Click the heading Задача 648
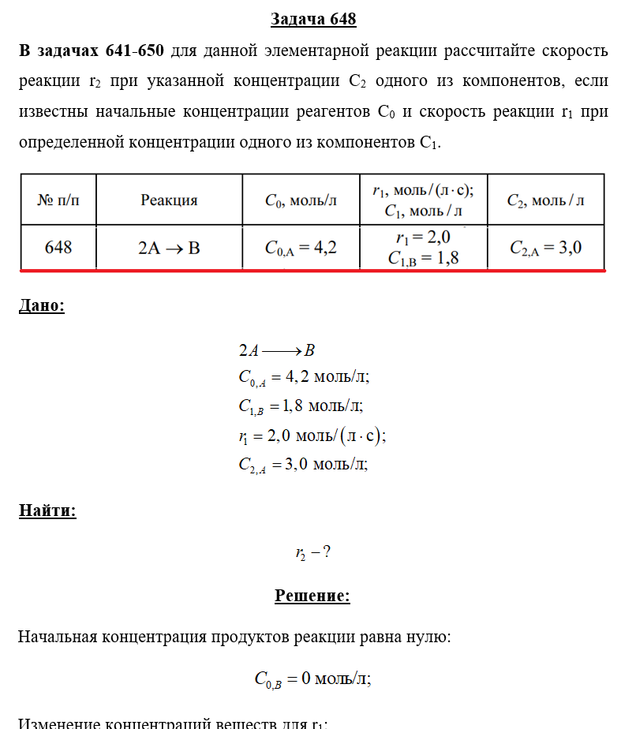pos(313,19)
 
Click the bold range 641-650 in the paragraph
pos(135,51)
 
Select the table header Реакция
pos(169,200)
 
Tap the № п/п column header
pos(58,200)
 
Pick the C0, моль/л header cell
pos(301,200)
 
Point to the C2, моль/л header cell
pos(545,200)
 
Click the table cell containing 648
pos(58,248)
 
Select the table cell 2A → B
pos(169,248)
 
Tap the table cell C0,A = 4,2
pos(301,248)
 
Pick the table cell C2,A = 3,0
pos(545,248)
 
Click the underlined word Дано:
pos(42,306)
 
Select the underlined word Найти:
pos(47,511)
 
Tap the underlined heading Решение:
pos(312,596)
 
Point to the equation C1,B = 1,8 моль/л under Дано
pos(301,406)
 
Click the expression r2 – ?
pos(312,553)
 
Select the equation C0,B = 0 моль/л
pos(312,679)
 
